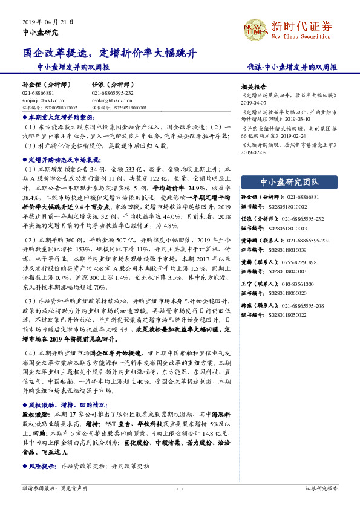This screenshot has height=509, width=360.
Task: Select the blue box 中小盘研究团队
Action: click(289, 181)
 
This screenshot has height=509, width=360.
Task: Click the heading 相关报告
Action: click(253, 86)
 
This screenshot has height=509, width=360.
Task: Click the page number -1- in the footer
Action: click(180, 488)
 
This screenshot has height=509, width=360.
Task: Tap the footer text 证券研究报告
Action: click(321, 488)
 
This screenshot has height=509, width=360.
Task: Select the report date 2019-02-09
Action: click(253, 152)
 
